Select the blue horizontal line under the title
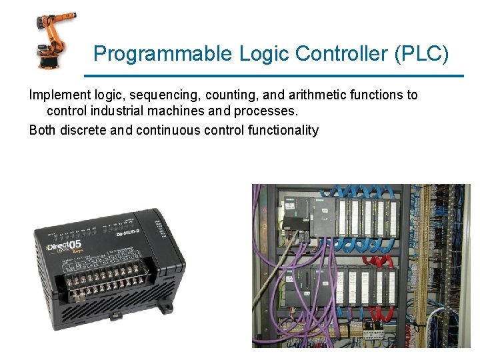coord(277,75)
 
